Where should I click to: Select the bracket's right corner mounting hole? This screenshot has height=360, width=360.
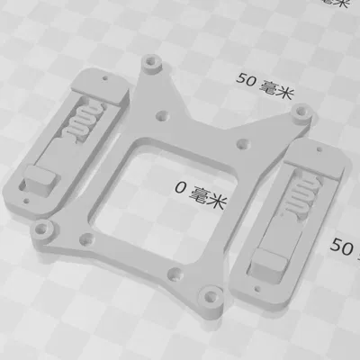click(304, 114)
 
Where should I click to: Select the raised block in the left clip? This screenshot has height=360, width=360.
click(40, 180)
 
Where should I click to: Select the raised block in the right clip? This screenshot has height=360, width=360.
click(267, 262)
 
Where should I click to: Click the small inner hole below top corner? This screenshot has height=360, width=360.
click(162, 115)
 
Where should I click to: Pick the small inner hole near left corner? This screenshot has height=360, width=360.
click(85, 238)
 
